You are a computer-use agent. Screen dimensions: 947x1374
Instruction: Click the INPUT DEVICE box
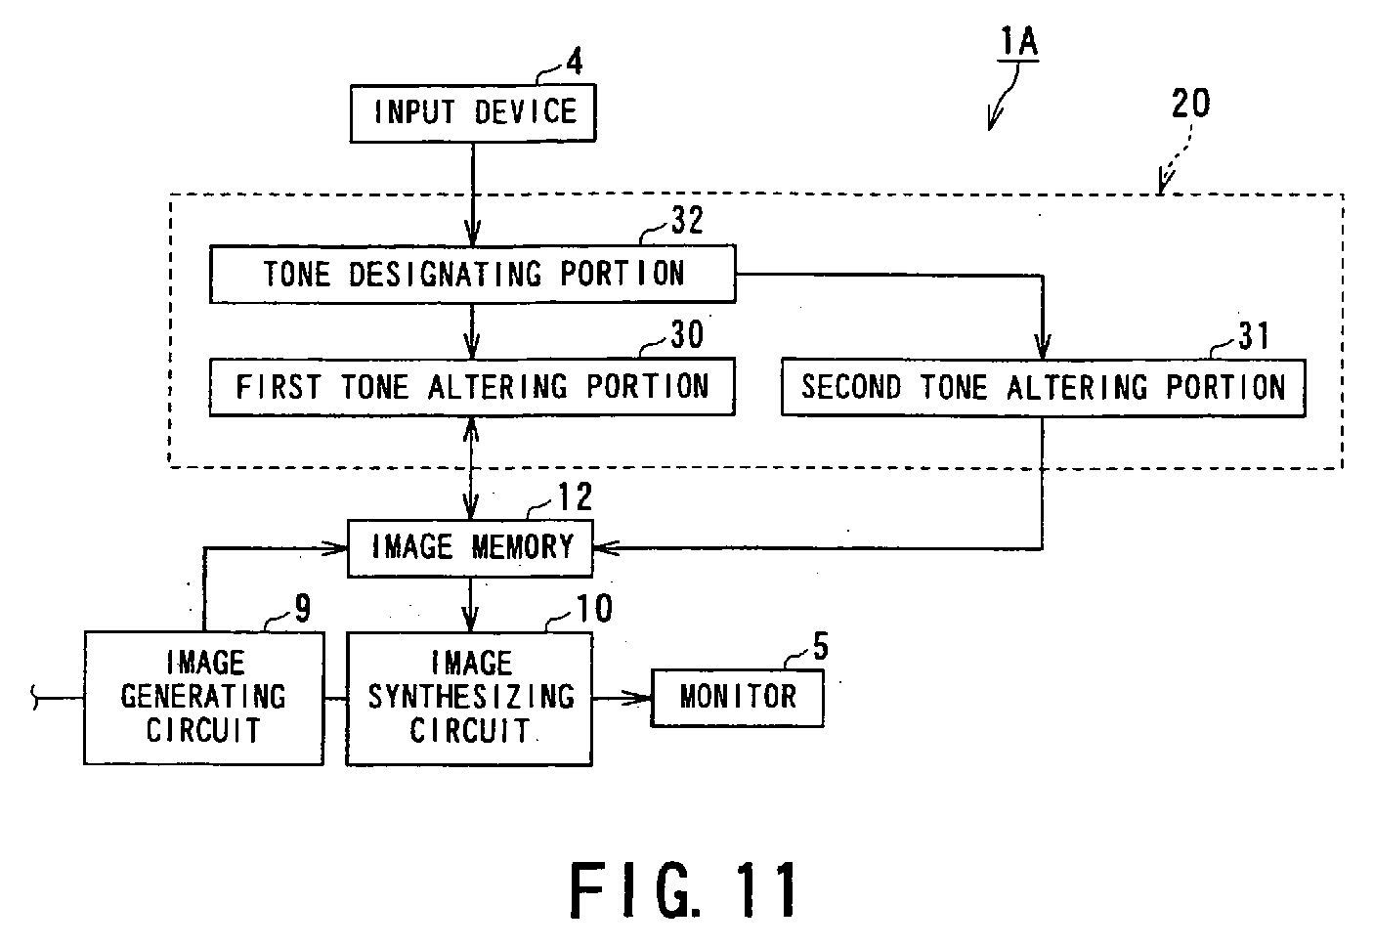click(x=473, y=113)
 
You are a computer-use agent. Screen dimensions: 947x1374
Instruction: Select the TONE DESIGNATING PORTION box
click(x=472, y=274)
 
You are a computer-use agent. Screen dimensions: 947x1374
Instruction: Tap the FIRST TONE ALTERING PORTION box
click(x=472, y=388)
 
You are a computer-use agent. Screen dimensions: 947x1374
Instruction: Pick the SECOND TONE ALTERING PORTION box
click(x=1043, y=388)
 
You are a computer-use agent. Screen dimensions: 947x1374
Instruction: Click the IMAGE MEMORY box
click(x=471, y=547)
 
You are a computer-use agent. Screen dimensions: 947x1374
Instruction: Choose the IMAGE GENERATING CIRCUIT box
click(x=203, y=697)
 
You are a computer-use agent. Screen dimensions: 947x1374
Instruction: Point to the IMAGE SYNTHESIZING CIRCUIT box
click(x=469, y=697)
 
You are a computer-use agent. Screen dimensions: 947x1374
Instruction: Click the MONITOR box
click(x=738, y=697)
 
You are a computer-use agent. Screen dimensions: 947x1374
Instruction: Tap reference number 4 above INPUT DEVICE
click(x=574, y=63)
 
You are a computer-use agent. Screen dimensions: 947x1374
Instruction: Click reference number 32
click(x=686, y=221)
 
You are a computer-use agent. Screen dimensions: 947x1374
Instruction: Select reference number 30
click(x=686, y=335)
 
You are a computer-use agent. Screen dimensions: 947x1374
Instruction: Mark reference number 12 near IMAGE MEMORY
click(x=574, y=497)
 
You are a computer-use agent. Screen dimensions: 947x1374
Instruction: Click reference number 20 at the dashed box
click(x=1190, y=104)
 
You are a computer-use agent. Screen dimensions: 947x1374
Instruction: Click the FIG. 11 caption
click(x=684, y=889)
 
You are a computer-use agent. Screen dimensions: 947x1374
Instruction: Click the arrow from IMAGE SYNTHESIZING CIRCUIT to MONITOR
click(x=622, y=697)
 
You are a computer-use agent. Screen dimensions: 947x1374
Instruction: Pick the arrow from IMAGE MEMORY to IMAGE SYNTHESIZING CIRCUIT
click(x=471, y=604)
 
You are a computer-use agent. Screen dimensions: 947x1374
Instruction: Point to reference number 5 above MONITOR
click(x=820, y=648)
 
